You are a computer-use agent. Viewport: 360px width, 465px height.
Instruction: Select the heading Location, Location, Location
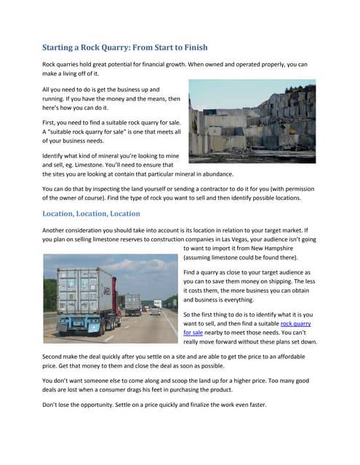pyautogui.click(x=91, y=214)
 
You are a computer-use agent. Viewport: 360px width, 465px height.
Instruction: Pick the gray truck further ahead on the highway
pyautogui.click(x=132, y=303)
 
